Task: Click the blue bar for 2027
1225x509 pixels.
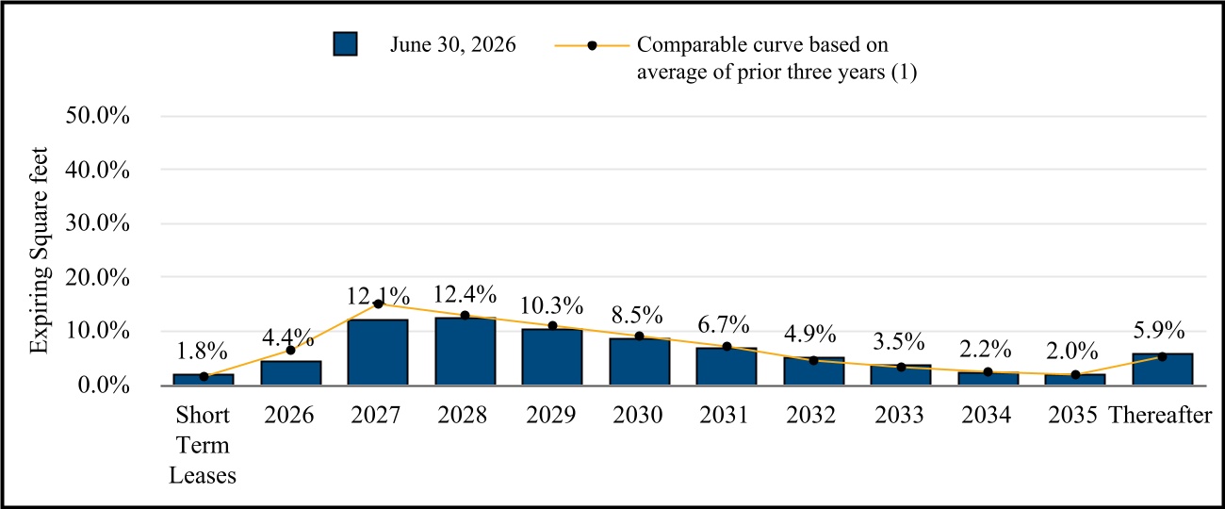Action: tap(378, 352)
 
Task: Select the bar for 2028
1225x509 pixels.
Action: tap(465, 351)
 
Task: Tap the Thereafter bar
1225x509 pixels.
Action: tap(1162, 369)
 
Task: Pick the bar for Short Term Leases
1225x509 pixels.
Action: tap(204, 379)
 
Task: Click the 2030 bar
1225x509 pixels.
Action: tap(639, 361)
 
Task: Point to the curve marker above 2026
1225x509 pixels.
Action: tap(290, 351)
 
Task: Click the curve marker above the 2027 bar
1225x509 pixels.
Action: tap(378, 304)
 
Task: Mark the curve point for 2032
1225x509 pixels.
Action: tap(813, 360)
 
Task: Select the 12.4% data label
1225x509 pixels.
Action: tap(465, 295)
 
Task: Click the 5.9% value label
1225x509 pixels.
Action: tap(1159, 330)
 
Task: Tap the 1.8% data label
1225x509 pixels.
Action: tap(202, 351)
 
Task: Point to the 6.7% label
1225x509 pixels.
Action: tap(723, 325)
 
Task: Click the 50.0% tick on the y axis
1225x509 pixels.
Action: tap(97, 116)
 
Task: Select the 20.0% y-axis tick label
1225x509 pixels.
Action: tap(97, 277)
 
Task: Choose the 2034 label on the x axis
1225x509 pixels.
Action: tap(986, 415)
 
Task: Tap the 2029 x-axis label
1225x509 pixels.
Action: tap(550, 415)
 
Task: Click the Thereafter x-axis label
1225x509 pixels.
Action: tap(1160, 415)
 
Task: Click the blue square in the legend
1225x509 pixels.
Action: tap(345, 43)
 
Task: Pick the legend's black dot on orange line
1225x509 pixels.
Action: tap(592, 45)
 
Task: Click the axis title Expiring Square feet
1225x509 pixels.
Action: tap(40, 251)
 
